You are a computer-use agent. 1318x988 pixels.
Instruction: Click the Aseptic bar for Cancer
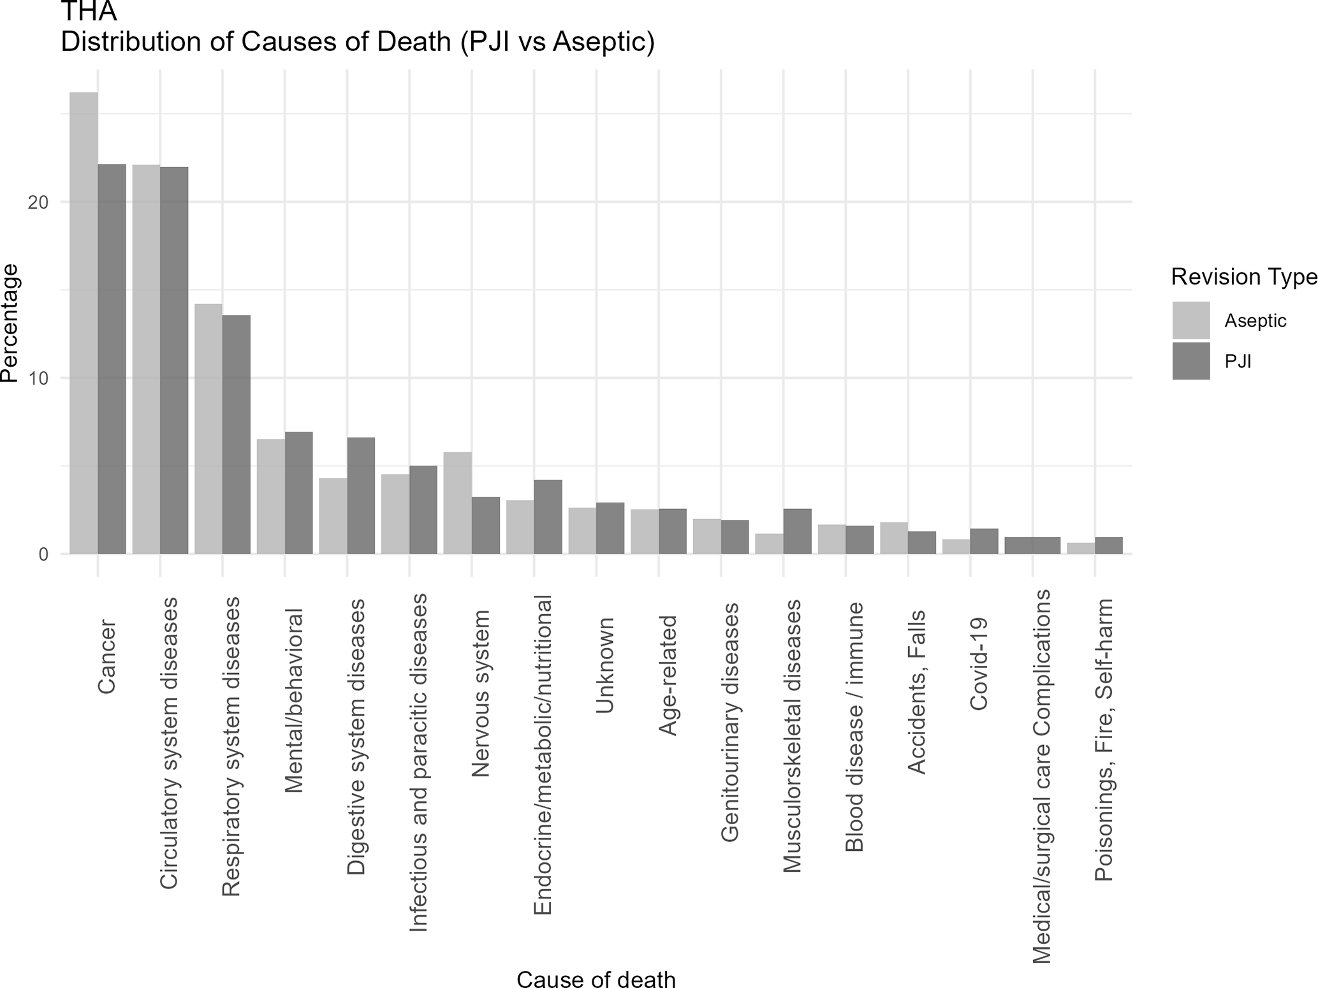(84, 323)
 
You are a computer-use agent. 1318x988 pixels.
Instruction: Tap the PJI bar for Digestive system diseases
(361, 496)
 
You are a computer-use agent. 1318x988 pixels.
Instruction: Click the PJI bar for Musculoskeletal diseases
(797, 531)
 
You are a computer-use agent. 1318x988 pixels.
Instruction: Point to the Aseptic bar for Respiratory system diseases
(209, 429)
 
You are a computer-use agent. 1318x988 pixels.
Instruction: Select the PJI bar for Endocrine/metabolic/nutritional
(548, 517)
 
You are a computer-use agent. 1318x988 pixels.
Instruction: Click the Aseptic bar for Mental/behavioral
(271, 496)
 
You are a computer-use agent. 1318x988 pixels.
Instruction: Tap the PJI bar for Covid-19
(984, 541)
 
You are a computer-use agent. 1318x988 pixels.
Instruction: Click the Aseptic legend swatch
(1190, 320)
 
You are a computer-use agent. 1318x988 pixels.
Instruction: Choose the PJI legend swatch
(1190, 361)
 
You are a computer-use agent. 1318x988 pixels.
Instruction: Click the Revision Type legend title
(1243, 277)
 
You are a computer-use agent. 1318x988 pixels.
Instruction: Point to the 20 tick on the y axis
(39, 202)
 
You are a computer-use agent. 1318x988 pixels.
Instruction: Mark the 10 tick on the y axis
(39, 378)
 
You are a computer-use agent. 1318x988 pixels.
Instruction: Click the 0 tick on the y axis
(43, 554)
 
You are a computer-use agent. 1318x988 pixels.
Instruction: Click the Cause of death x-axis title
(596, 979)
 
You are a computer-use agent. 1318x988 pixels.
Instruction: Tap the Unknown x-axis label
(604, 665)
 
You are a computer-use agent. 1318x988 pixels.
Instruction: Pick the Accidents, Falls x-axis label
(916, 692)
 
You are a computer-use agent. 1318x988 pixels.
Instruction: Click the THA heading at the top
(89, 11)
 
